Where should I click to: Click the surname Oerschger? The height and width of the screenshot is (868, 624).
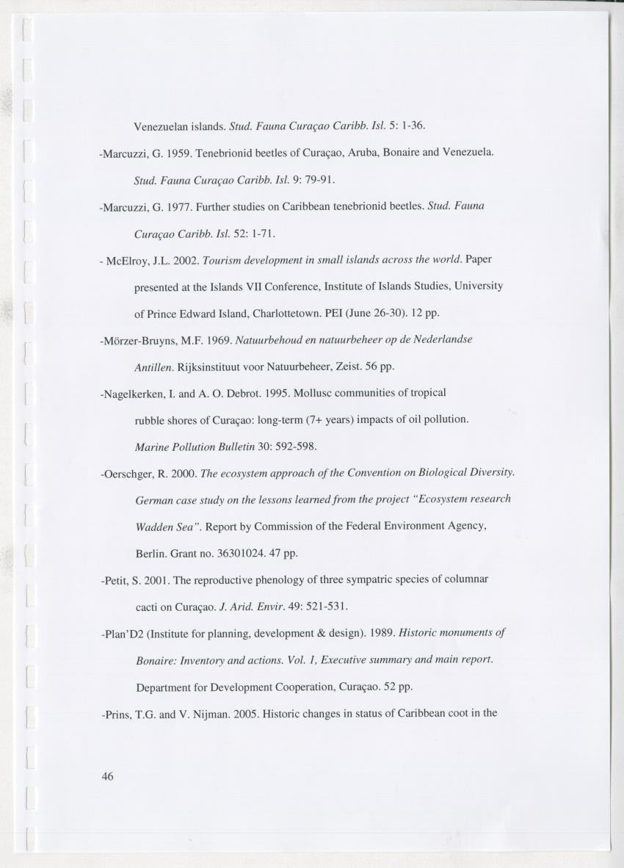[x=127, y=474]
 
